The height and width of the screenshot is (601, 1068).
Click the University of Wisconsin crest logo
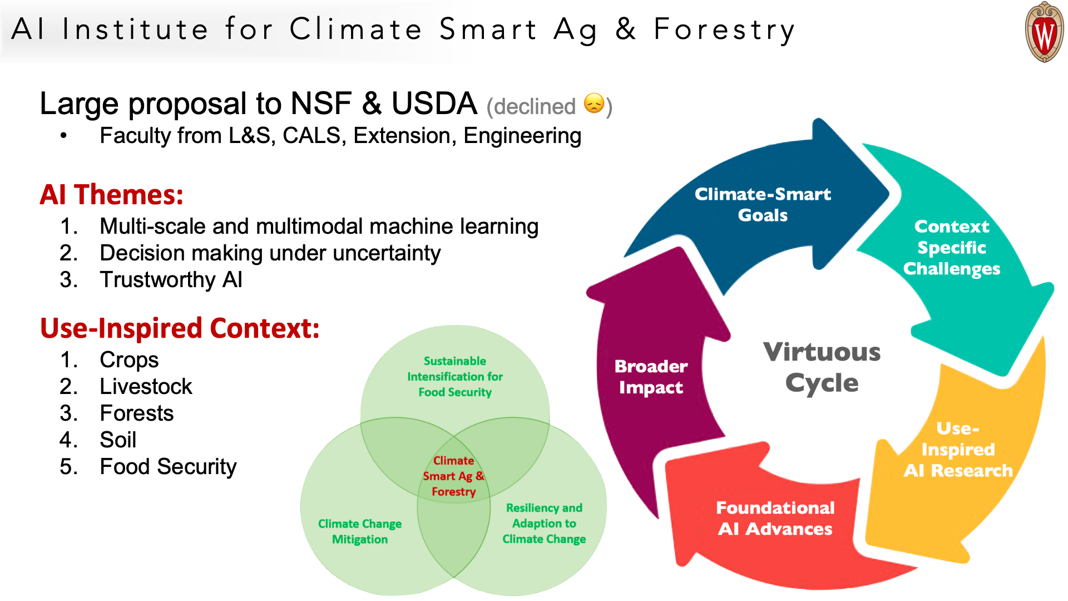click(1044, 32)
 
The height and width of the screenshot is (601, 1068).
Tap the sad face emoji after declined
click(594, 104)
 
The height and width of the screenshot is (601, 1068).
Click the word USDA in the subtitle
click(434, 104)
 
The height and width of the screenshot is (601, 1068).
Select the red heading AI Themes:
click(111, 195)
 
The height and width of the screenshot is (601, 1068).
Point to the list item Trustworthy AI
click(171, 279)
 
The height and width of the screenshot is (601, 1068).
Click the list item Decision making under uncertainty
click(270, 253)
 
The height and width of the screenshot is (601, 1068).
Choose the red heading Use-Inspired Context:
click(180, 328)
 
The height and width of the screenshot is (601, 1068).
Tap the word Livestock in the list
click(146, 386)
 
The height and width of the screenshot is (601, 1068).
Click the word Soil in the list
click(118, 440)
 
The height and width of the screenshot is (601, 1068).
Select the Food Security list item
click(168, 467)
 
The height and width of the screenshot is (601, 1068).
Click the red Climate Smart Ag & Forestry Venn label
click(454, 476)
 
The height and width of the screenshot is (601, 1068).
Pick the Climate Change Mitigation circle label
click(360, 531)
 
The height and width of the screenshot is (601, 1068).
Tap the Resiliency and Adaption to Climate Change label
click(544, 523)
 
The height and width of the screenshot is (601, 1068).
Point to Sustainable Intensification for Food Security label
click(455, 377)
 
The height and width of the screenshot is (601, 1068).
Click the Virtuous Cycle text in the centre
click(822, 367)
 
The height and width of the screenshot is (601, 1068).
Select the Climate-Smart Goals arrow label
click(763, 204)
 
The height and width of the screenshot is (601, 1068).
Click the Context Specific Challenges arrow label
click(952, 248)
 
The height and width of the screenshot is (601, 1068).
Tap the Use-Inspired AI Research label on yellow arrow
click(958, 450)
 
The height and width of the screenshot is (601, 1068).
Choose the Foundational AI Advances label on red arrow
click(775, 518)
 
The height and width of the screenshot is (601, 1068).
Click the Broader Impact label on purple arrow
click(651, 377)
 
